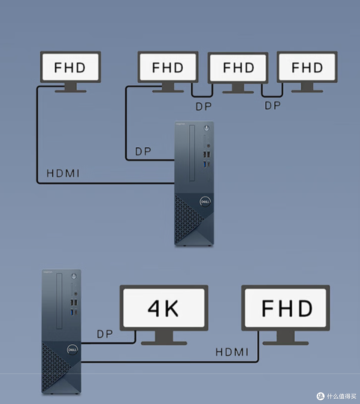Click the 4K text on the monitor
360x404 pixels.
[x=163, y=309]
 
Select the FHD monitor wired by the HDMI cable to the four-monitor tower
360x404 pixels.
[x=71, y=71]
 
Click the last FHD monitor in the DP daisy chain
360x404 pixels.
[x=307, y=71]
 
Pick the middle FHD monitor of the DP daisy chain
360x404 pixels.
[x=238, y=72]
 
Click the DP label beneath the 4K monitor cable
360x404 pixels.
[x=105, y=334]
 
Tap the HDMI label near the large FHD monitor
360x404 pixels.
[x=232, y=352]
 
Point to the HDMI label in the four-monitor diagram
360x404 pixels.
[x=63, y=173]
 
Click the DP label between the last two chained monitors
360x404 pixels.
[x=273, y=105]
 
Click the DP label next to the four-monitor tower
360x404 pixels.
[x=143, y=151]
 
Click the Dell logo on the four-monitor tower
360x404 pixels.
[x=205, y=201]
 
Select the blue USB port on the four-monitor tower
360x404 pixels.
[x=204, y=164]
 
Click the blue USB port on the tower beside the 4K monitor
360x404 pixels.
[x=72, y=312]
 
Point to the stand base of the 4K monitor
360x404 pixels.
[x=164, y=343]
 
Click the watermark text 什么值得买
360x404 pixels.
[x=341, y=396]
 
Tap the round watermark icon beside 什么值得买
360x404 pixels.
[x=321, y=396]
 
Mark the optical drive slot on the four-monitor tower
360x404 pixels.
[x=192, y=153]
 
